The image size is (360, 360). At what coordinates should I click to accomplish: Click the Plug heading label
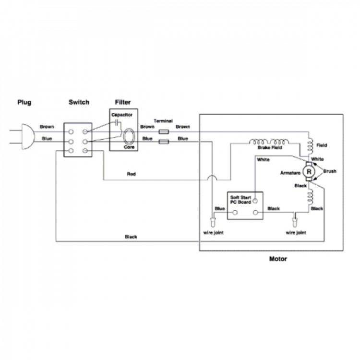tap(24, 102)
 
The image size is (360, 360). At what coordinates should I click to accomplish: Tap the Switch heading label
tap(79, 102)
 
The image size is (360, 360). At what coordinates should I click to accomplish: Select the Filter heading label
tap(122, 102)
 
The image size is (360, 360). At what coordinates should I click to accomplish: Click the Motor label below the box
tap(278, 259)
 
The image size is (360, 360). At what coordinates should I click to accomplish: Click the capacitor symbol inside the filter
tap(117, 123)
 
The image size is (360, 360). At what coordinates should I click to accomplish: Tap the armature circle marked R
tap(309, 171)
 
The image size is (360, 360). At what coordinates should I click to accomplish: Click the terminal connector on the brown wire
tap(164, 132)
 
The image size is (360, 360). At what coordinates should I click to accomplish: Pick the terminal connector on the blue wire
tap(164, 142)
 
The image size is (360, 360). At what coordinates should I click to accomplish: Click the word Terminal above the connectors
tap(163, 121)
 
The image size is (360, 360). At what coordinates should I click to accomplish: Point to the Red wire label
tap(132, 174)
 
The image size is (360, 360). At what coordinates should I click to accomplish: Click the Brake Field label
tap(270, 148)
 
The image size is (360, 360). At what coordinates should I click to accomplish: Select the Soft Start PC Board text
tap(240, 200)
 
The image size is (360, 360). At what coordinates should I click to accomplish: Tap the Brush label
tap(330, 171)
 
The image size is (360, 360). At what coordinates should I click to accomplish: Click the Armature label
tap(290, 173)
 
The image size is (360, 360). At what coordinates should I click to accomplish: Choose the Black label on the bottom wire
tap(131, 237)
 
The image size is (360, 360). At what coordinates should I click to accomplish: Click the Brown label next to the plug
tap(47, 127)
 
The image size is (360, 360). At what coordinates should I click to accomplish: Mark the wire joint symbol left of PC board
tap(213, 222)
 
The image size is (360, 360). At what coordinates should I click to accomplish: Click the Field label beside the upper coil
tap(322, 145)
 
